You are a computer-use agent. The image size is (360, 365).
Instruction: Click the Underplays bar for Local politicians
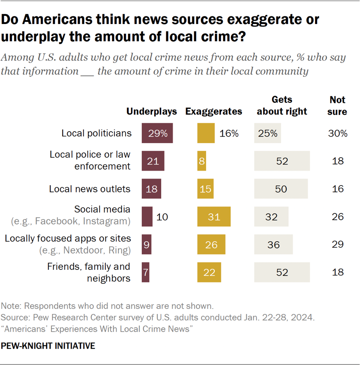coord(157,133)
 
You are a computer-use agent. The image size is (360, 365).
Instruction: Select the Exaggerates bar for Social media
coord(214,216)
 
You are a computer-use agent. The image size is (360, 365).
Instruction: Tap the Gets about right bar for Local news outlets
coord(281,189)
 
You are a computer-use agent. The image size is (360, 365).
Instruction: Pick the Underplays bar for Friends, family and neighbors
coord(145,272)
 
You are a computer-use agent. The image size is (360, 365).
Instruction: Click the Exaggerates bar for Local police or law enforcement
coord(201,161)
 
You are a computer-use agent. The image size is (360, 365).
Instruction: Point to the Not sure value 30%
coord(338,133)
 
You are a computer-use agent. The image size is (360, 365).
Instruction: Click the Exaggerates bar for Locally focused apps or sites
coord(211,245)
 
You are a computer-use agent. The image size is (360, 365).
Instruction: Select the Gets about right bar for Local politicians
coord(267,133)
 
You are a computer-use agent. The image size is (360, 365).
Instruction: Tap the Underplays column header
coord(152,111)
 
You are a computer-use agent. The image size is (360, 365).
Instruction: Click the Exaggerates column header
coord(214,111)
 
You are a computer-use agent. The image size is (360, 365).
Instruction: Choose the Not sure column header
coord(338,105)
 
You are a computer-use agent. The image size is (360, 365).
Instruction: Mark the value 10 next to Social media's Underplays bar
coord(162,216)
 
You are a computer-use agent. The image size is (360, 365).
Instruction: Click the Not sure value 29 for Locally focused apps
coord(338,245)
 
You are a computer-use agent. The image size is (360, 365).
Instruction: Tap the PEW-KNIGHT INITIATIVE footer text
coord(48,345)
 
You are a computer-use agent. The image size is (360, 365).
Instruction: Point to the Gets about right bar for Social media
coord(271,216)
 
